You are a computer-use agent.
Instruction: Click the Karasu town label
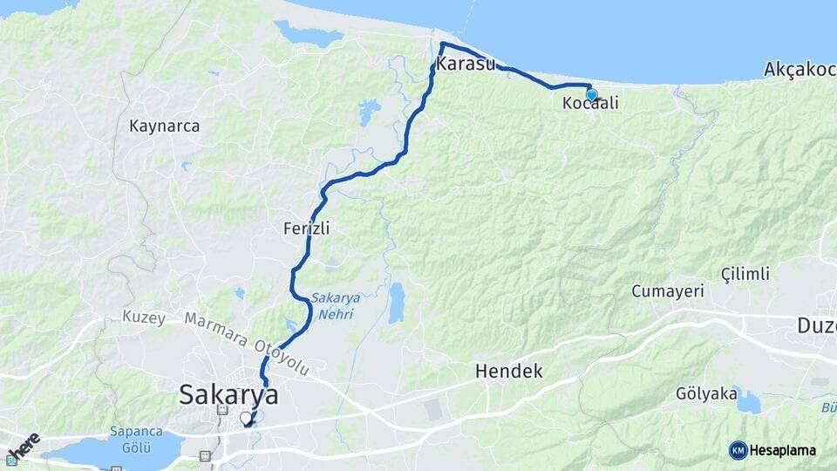point(466,65)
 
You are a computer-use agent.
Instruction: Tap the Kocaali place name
point(590,104)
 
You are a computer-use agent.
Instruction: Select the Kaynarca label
point(164,126)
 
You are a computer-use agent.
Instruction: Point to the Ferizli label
point(306,229)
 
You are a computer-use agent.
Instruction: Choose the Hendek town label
point(508,372)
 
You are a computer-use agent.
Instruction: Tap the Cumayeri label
point(668,291)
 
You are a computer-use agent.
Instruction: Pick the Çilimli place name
point(745,275)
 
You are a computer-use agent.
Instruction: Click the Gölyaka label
point(706,394)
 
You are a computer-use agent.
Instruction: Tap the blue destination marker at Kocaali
point(592,95)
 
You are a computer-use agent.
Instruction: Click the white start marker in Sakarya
point(246,418)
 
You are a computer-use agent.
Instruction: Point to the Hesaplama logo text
point(783,451)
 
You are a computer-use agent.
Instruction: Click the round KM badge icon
point(738,450)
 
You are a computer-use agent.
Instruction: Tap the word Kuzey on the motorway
point(144,317)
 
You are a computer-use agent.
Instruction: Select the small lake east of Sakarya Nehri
point(397,303)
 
